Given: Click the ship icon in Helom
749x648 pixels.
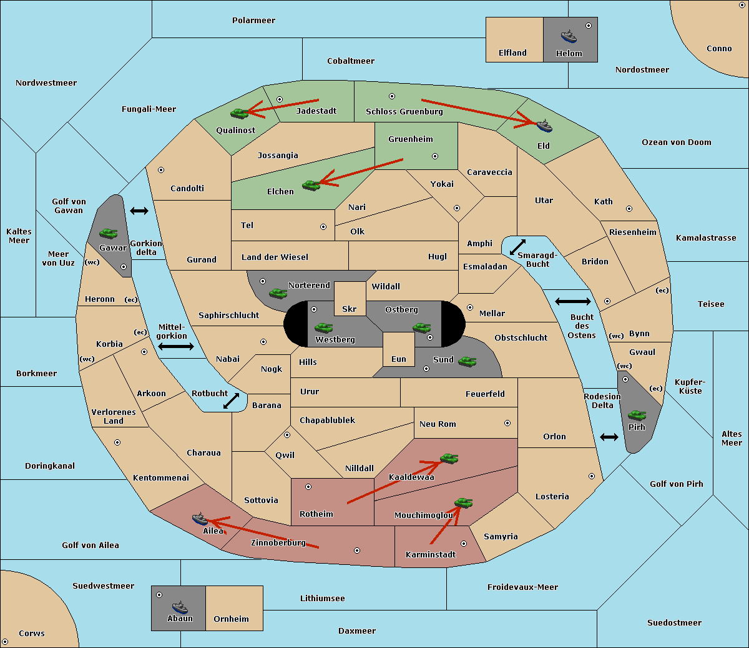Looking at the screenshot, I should (569, 36).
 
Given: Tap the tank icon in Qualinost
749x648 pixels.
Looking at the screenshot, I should (239, 113).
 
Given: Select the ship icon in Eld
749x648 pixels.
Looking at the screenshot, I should (544, 126).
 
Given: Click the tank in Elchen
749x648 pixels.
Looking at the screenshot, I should (311, 185).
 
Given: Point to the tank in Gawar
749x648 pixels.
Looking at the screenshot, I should (108, 233).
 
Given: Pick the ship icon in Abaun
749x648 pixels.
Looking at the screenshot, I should (180, 607).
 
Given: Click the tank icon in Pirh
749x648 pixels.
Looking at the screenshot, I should (637, 415).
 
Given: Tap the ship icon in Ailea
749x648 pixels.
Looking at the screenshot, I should (200, 519).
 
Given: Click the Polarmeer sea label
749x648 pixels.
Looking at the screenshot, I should (253, 21).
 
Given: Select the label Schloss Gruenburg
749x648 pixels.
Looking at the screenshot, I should (404, 112).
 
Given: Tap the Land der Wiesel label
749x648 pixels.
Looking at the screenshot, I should (275, 257).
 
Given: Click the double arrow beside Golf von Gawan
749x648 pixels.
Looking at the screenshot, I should (139, 211).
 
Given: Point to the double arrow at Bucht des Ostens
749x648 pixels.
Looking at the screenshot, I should (572, 302).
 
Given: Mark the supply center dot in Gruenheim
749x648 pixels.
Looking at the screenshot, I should (435, 156).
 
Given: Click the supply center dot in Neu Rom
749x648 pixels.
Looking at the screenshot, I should (507, 423).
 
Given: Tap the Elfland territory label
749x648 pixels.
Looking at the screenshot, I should (512, 53).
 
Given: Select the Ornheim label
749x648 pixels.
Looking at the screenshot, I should (231, 619).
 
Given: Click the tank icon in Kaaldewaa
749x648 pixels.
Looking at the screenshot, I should (449, 459).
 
